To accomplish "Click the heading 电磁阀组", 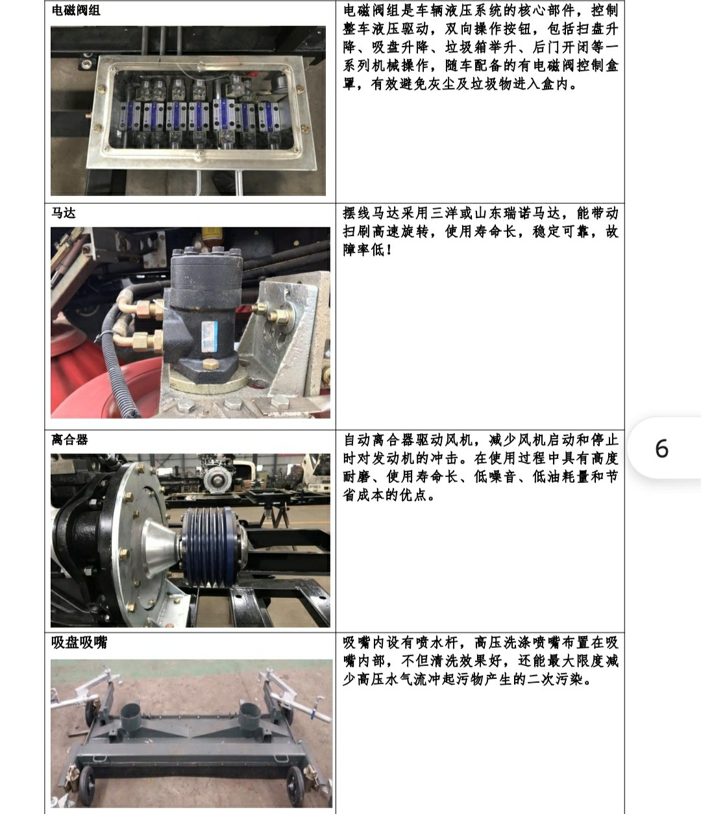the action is point(76,10).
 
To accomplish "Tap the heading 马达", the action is point(64,213).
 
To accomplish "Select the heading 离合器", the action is point(69,439).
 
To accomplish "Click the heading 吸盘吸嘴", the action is point(79,642).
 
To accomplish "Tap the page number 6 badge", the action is point(662,448).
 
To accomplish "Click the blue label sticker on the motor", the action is point(210,336).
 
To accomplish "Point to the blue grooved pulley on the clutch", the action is point(210,547).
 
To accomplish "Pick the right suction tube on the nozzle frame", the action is point(251,715).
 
